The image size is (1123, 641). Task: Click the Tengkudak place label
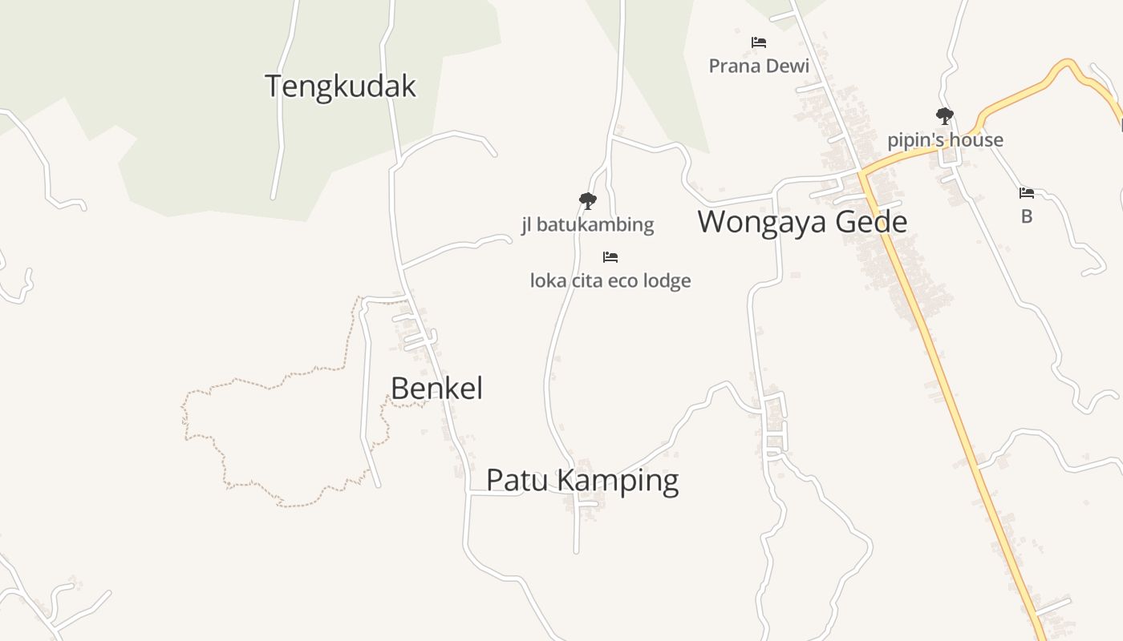(x=340, y=86)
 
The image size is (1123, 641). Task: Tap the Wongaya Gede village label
(x=801, y=222)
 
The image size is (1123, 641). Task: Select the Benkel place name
(x=436, y=389)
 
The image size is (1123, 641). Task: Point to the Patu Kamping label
(x=582, y=480)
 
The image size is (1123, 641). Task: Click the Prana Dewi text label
(x=759, y=66)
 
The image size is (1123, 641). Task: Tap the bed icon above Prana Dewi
(x=759, y=42)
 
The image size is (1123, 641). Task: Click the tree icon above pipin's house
(x=945, y=116)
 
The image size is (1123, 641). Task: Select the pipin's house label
(x=945, y=140)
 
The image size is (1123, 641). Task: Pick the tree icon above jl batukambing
(x=588, y=200)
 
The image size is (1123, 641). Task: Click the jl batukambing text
(x=588, y=224)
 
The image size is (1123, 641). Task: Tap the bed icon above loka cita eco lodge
(x=610, y=257)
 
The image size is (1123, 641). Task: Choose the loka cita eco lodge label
(x=610, y=281)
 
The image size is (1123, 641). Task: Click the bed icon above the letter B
(x=1027, y=192)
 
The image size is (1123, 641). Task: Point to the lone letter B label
(x=1027, y=216)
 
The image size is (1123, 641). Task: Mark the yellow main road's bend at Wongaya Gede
(x=862, y=172)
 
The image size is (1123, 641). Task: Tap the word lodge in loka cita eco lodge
(x=667, y=281)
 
